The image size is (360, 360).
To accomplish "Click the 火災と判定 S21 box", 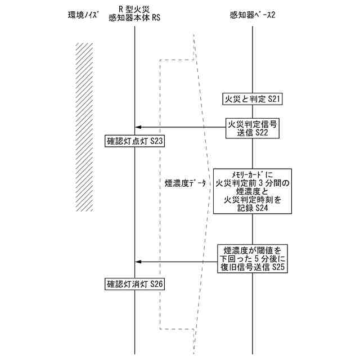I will (x=252, y=99).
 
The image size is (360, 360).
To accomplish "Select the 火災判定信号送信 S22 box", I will (x=252, y=128).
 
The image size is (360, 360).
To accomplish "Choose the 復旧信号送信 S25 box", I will (x=253, y=259).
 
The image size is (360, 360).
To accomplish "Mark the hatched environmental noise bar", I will (x=84, y=127).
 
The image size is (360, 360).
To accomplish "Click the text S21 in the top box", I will (x=273, y=99).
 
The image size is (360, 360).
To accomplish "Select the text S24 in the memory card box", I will (x=261, y=208).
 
